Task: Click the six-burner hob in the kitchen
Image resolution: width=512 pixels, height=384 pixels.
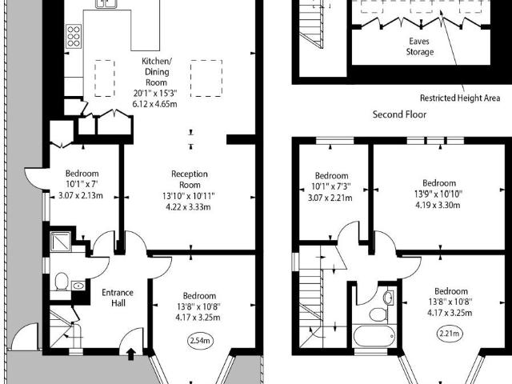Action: [74, 37]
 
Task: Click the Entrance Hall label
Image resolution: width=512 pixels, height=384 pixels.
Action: [117, 298]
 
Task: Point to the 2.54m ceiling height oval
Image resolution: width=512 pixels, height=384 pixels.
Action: [200, 341]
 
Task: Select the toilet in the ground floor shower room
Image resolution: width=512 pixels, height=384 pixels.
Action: [61, 282]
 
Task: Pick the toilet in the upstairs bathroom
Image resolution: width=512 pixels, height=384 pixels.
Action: [387, 298]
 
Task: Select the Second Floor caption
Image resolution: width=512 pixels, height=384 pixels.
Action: [399, 114]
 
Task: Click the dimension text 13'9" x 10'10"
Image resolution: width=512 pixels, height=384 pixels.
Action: [438, 193]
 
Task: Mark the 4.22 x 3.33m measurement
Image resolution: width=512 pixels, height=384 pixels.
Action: [189, 206]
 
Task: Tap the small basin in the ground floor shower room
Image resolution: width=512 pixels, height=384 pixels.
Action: [78, 286]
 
